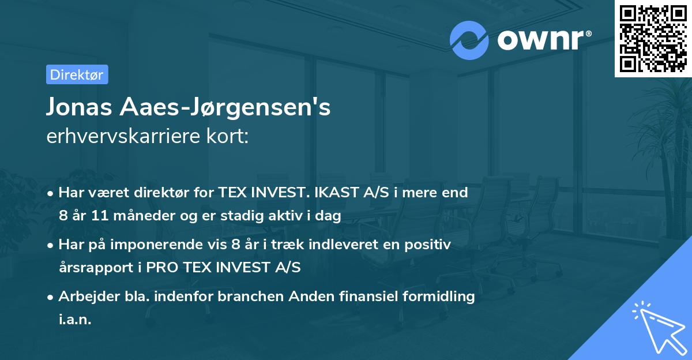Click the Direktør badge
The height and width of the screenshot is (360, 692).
[77, 74]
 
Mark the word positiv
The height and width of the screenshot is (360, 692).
[430, 245]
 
